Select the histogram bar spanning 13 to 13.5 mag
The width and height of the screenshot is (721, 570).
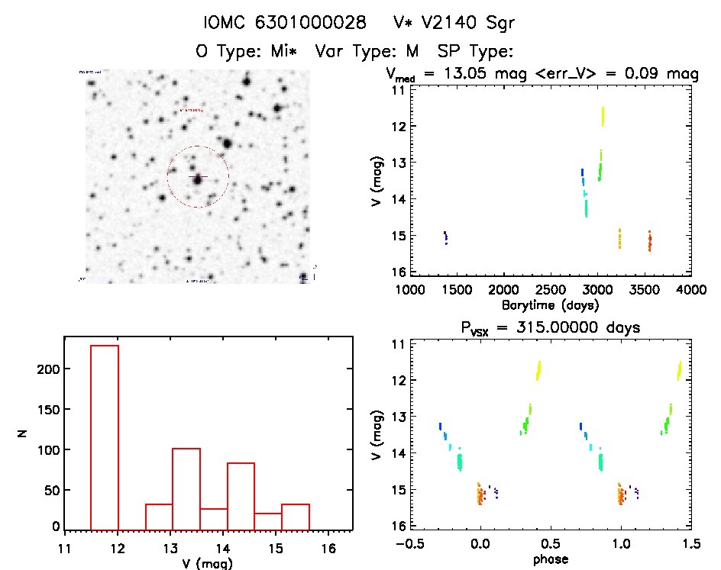point(186,489)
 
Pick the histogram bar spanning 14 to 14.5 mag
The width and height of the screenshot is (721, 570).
point(241,496)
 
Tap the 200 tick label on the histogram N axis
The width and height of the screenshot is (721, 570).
point(45,369)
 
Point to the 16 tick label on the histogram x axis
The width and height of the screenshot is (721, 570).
point(328,548)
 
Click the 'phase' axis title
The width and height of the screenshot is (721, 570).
point(551,559)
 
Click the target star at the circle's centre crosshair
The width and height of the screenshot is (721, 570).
point(198,178)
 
